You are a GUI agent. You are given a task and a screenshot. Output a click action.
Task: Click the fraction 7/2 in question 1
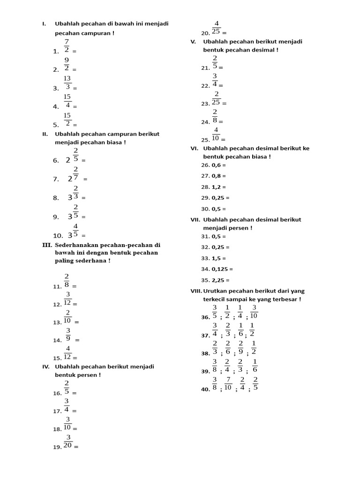pyautogui.click(x=67, y=46)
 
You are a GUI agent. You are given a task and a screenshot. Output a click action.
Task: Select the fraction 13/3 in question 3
pyautogui.click(x=67, y=82)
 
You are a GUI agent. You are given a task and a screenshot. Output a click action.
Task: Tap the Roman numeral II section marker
pyautogui.click(x=45, y=134)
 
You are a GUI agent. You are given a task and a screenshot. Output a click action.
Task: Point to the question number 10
pyautogui.click(x=58, y=236)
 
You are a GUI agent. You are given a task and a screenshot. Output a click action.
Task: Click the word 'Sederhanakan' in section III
pyautogui.click(x=77, y=245)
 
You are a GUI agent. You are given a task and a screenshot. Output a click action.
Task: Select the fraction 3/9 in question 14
pyautogui.click(x=68, y=335)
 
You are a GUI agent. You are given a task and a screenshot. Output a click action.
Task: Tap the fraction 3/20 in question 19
pyautogui.click(x=67, y=442)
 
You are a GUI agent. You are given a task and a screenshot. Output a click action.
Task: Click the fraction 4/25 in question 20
pyautogui.click(x=216, y=28)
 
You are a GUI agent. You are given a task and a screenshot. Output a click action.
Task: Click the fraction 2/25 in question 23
pyautogui.click(x=216, y=98)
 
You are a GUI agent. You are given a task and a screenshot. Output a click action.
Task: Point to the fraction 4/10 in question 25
pyautogui.click(x=216, y=134)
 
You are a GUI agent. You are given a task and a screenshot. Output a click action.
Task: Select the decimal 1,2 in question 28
pyautogui.click(x=216, y=187)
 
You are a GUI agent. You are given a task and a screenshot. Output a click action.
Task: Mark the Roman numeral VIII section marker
pyautogui.click(x=195, y=291)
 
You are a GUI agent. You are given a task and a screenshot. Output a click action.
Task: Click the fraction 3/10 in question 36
pyautogui.click(x=254, y=312)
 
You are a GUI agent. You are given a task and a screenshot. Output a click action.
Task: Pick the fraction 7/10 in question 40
pyautogui.click(x=228, y=383)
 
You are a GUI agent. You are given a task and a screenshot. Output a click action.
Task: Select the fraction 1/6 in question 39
pyautogui.click(x=255, y=366)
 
